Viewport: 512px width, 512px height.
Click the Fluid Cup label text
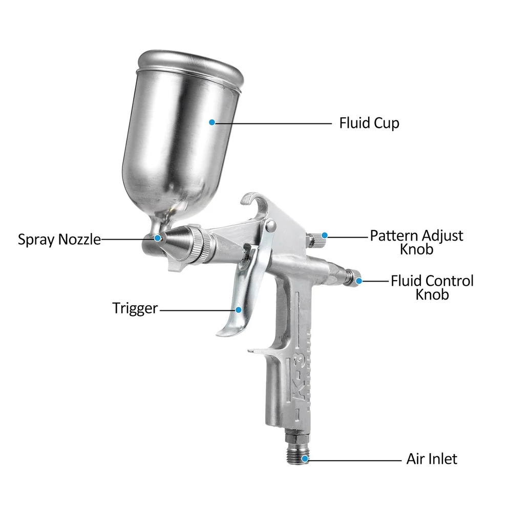[369, 123]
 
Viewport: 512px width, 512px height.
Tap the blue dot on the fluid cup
[212, 122]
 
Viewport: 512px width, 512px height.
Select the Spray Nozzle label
[59, 239]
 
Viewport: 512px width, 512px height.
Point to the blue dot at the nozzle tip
[157, 238]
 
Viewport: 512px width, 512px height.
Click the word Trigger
[135, 309]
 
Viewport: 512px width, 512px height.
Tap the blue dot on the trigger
[239, 310]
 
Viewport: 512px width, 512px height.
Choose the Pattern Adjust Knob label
[416, 242]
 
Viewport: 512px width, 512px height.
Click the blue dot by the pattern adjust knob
[324, 236]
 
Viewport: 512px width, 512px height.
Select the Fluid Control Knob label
[432, 287]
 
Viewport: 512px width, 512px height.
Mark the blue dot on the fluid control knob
[359, 281]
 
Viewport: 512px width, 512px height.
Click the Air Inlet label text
[432, 459]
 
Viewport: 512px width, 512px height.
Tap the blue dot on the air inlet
[305, 459]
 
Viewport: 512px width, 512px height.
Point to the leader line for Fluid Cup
[273, 123]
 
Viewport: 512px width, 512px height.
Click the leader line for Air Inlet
[355, 460]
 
